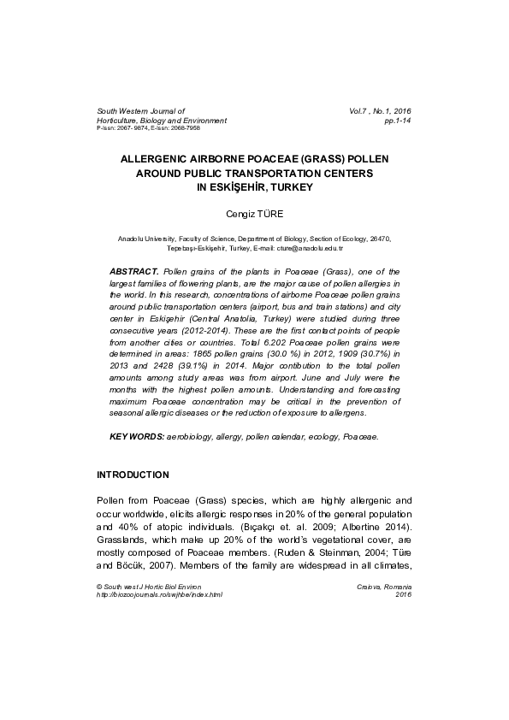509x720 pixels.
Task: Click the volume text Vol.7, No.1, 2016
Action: click(x=380, y=112)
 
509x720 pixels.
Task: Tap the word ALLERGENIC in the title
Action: click(x=167, y=159)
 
